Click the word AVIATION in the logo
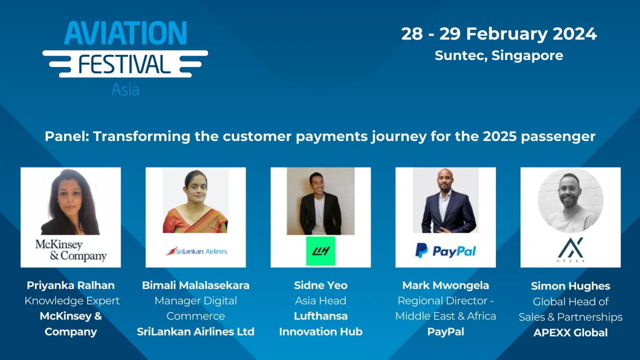point(125,33)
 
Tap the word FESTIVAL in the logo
point(125,64)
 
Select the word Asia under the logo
point(125,89)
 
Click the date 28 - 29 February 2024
point(498,34)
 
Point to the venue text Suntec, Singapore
point(498,55)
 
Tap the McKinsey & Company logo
point(71,250)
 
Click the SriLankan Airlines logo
point(196,251)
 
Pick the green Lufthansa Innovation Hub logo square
point(320,250)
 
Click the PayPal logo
point(445,250)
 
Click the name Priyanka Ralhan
point(71,285)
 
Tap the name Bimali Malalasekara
point(196,285)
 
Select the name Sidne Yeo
point(320,285)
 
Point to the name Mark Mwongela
point(445,285)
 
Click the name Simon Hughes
point(570,286)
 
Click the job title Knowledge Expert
point(72,301)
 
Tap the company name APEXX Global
point(570,332)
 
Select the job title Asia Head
point(320,301)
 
